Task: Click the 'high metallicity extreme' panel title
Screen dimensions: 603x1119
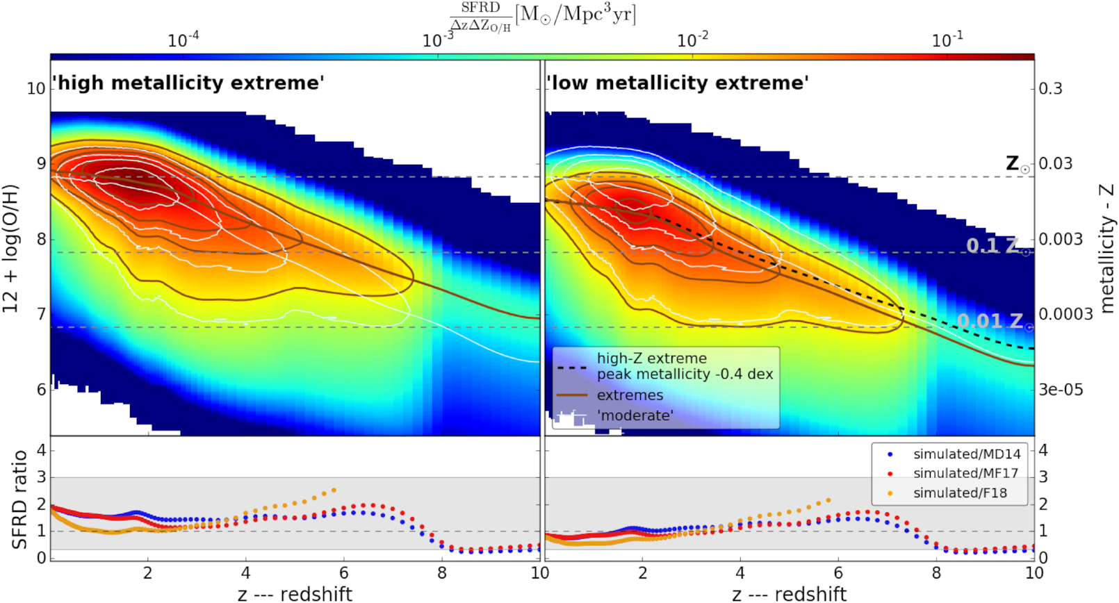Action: (x=189, y=83)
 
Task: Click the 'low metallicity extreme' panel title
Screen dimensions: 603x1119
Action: (x=678, y=83)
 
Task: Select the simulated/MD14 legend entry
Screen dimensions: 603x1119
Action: (x=966, y=454)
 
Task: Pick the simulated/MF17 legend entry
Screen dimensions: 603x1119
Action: (x=965, y=473)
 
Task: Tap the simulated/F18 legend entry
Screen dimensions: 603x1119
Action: (x=959, y=493)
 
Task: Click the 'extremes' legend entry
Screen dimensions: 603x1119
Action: (x=630, y=395)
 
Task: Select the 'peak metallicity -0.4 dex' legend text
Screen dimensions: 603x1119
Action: (x=685, y=374)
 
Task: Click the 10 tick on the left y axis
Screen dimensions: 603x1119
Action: (x=35, y=89)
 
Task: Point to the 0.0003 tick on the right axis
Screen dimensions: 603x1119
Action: (x=1065, y=314)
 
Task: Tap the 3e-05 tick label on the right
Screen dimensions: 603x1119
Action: (x=1061, y=390)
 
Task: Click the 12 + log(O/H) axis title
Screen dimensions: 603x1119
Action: (x=11, y=249)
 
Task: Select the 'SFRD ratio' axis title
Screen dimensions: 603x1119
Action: (x=19, y=499)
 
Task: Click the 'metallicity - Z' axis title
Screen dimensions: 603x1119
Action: (x=1106, y=249)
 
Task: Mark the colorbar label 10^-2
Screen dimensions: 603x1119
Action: (x=693, y=40)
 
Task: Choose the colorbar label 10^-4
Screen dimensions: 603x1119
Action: (x=183, y=40)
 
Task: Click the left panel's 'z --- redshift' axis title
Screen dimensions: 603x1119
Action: (x=295, y=594)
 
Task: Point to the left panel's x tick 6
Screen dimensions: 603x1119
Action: (x=344, y=573)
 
